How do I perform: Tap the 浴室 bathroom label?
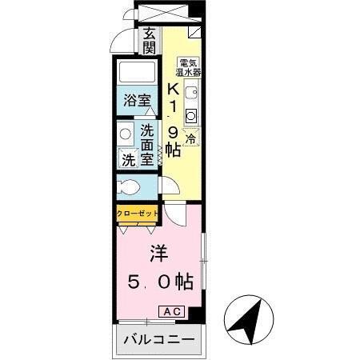pos(138,101)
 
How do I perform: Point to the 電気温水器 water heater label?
pos(190,66)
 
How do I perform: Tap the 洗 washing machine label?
pos(129,159)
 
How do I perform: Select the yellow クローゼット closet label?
pos(137,214)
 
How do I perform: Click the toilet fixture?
pos(126,189)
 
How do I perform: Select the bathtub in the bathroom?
pos(137,74)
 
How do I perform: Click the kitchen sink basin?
pos(190,93)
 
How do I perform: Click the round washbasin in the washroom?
pos(126,134)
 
